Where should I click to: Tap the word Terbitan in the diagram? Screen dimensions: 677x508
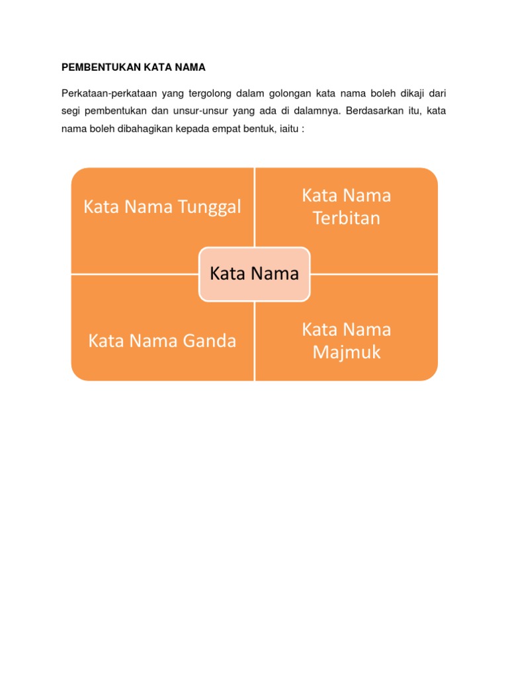[x=347, y=218]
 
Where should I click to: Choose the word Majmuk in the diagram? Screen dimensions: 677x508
[x=347, y=352]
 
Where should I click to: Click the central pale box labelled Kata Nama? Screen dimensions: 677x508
[x=254, y=274]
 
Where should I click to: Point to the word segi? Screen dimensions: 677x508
[x=71, y=110]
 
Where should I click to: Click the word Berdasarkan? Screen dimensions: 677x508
[x=372, y=110]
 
